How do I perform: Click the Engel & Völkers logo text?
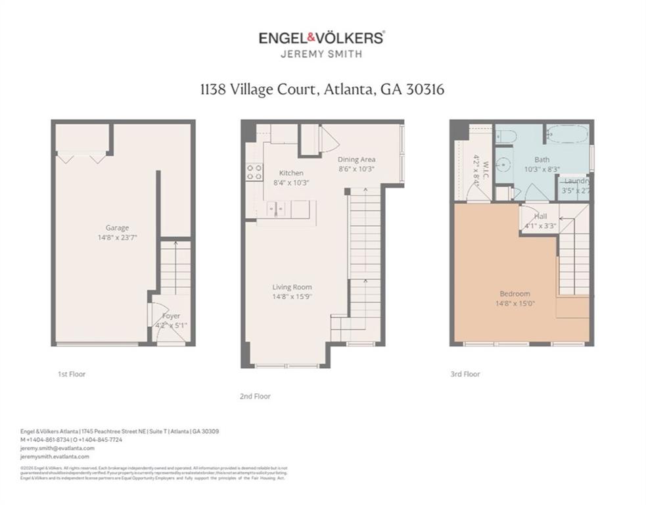pos(321,37)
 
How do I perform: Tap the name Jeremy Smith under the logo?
pos(321,55)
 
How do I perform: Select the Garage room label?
pos(117,228)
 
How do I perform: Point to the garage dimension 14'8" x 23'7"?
pos(117,237)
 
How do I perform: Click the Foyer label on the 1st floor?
pos(171,316)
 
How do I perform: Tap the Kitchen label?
pos(290,173)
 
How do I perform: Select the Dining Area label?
pos(356,159)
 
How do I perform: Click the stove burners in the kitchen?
pos(253,172)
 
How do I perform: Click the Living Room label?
pos(292,287)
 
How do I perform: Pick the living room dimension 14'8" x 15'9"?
pos(292,297)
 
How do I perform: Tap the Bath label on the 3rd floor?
pos(542,159)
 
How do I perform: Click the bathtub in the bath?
pos(566,135)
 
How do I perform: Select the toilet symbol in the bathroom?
pos(506,136)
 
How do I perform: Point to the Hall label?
pos(540,216)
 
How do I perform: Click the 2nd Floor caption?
pos(255,397)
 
